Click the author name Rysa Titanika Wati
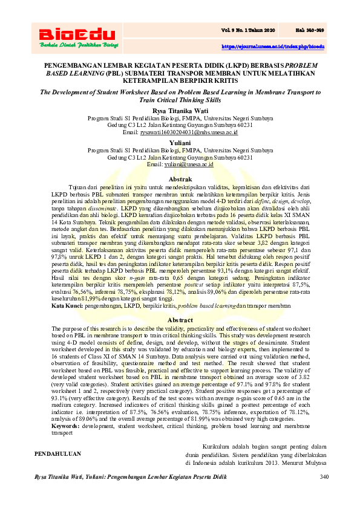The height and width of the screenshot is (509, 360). tap(180, 111)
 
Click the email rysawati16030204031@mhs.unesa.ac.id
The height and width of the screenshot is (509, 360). tap(188, 132)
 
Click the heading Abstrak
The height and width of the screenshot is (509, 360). tap(180, 180)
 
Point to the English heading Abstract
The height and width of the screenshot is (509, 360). tap(180, 320)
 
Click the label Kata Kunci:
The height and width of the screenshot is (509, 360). tap(67, 307)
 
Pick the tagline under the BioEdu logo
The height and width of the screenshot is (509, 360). tap(76, 45)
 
